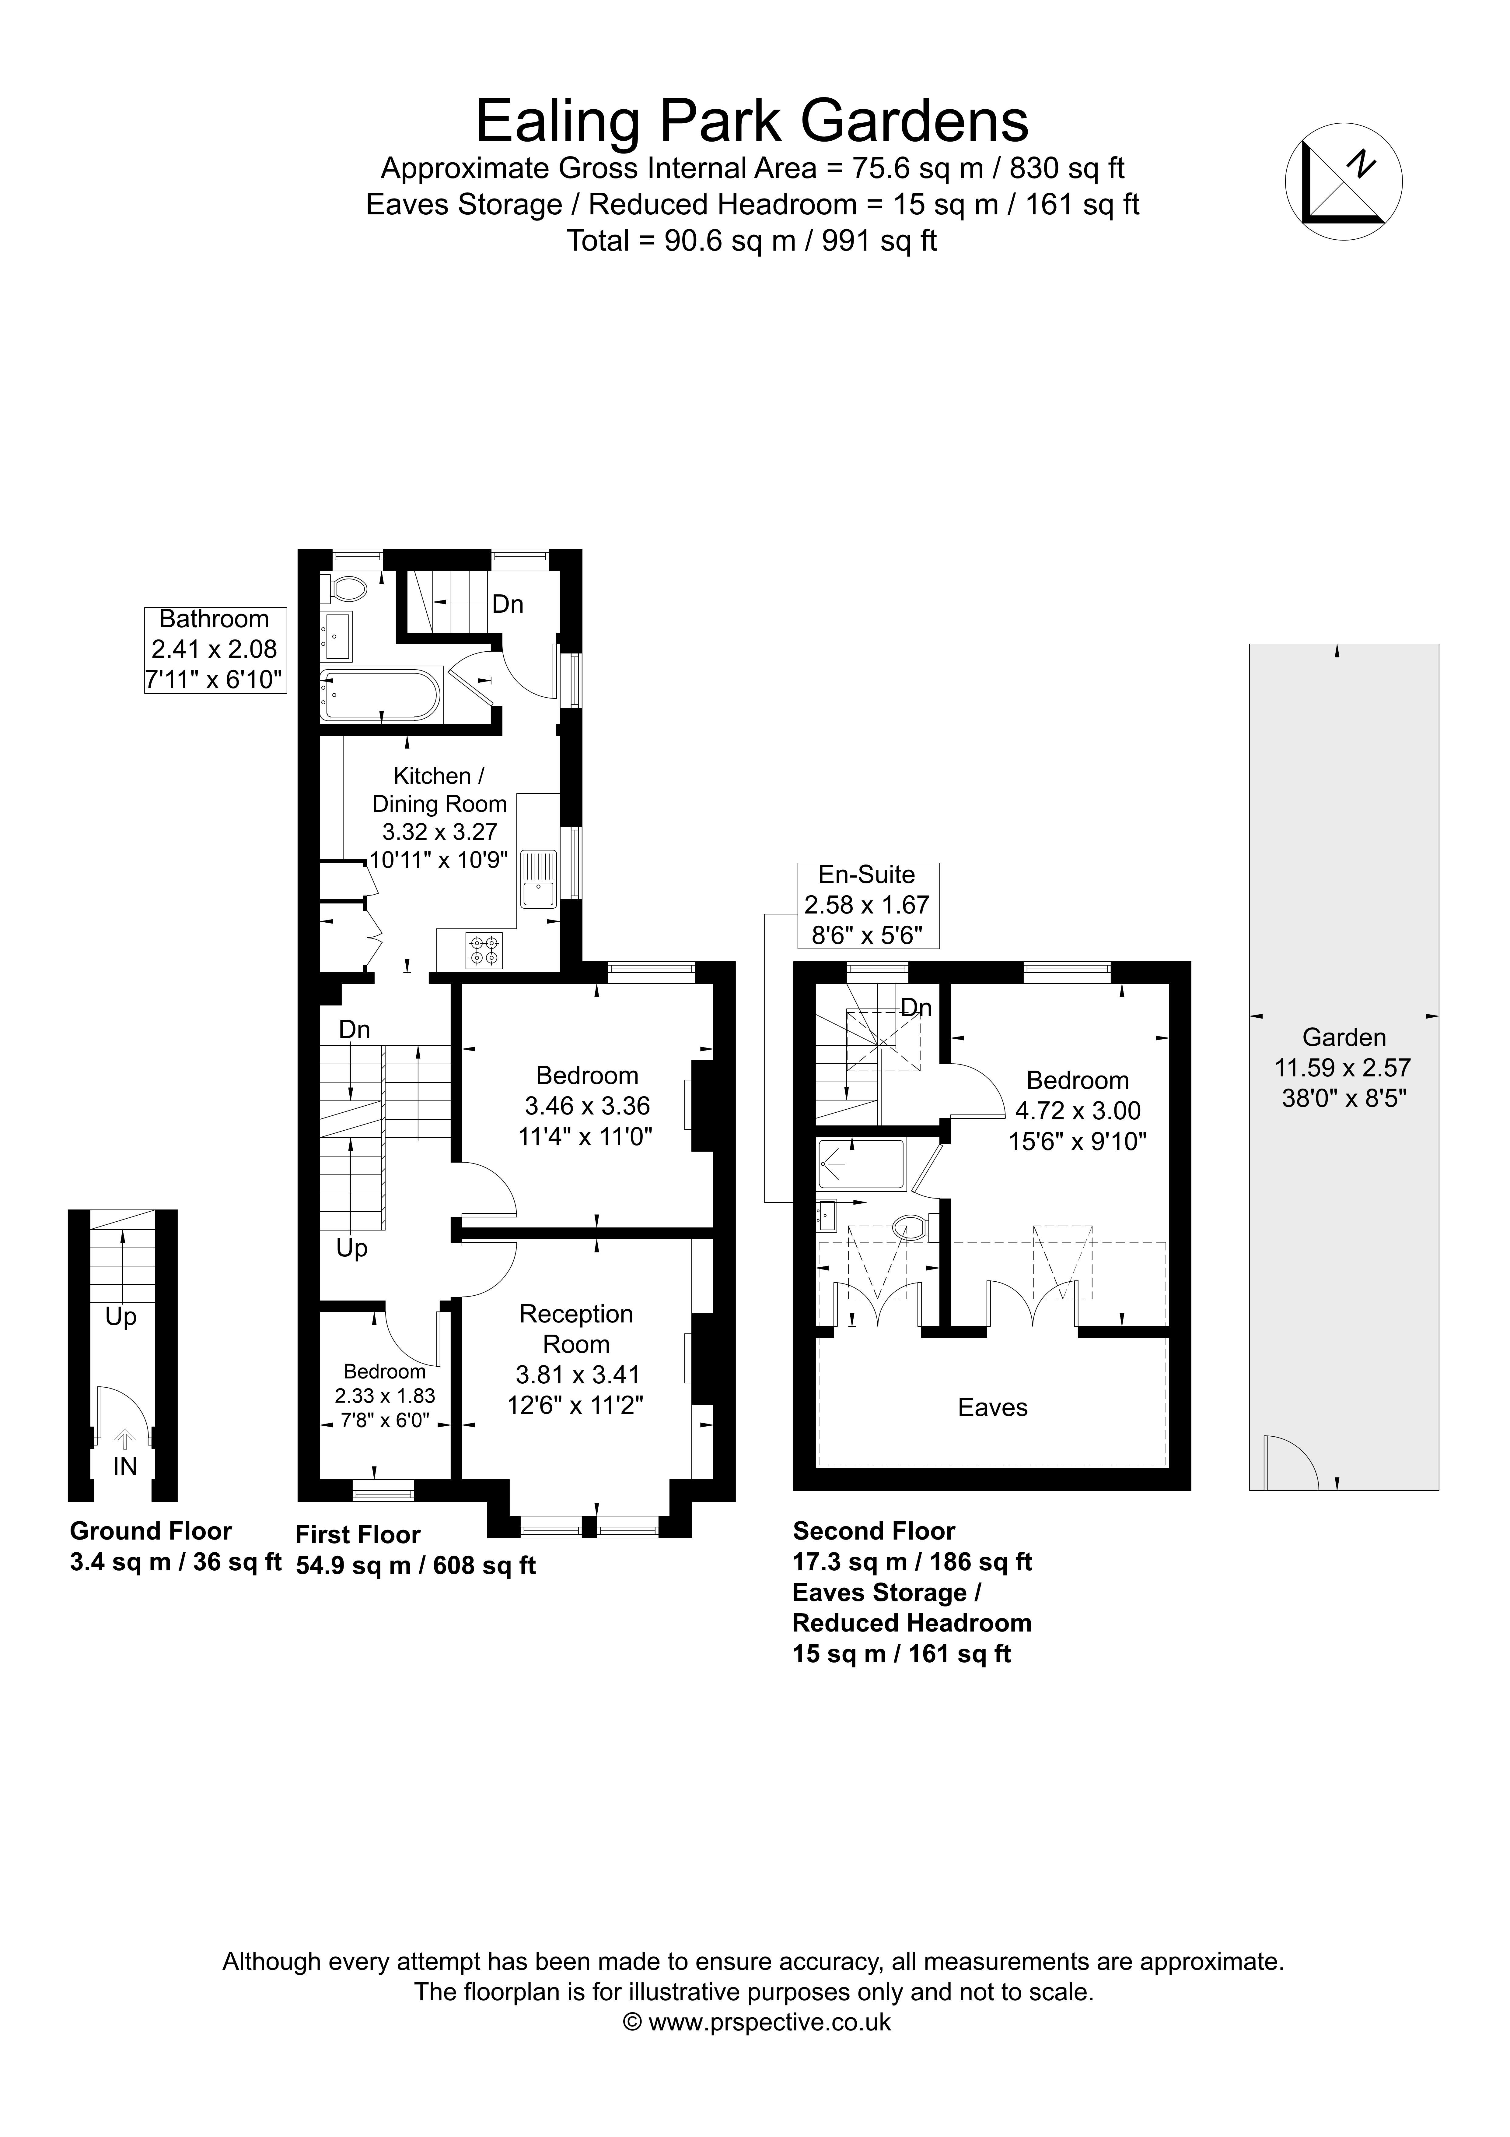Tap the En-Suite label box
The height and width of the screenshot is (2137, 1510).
pos(868,905)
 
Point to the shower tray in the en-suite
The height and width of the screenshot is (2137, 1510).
pos(862,1164)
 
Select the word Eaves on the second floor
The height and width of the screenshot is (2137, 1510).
pos(993,1407)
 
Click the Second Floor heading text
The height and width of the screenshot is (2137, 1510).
pos(874,1531)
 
